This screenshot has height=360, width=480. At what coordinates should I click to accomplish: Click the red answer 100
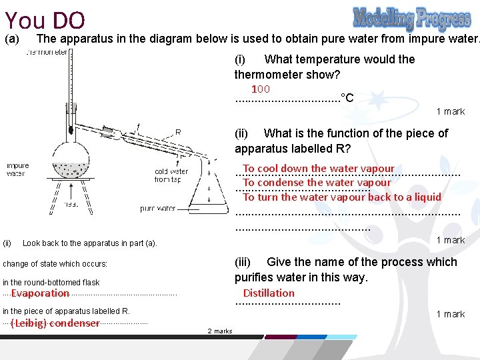260,89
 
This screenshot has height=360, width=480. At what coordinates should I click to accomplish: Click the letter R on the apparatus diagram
178,131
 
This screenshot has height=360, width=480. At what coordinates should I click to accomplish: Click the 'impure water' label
17,169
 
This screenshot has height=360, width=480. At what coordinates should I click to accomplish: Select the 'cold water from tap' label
171,175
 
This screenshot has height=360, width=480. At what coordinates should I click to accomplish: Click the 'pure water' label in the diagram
157,209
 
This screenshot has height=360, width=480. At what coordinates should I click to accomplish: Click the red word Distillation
269,293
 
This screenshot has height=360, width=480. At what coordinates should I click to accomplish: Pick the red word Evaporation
40,293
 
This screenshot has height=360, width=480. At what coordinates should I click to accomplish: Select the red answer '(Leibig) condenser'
55,323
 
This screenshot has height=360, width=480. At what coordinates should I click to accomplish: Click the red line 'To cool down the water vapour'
319,169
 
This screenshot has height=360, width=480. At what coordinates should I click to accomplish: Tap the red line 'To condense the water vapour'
317,183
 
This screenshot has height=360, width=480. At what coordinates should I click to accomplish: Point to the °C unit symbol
347,98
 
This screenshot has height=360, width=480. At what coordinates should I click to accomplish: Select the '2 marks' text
220,331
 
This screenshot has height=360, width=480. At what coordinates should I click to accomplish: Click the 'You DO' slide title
44,20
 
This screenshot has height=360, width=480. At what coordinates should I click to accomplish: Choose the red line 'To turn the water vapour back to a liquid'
342,197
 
